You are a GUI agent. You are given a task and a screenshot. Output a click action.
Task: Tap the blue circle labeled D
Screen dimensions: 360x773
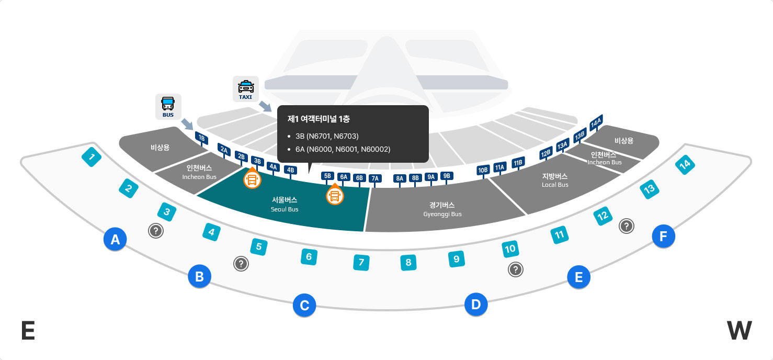point(476,304)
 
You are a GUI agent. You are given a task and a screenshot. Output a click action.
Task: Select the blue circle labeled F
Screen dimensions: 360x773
point(663,237)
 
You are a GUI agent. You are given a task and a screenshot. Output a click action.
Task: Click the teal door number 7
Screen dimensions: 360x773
point(361,262)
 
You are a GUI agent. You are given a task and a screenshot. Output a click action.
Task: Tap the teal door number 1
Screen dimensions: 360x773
point(92,156)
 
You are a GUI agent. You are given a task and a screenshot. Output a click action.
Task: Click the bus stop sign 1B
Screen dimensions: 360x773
point(201,138)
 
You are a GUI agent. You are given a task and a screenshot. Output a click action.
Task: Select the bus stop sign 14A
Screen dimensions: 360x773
point(596,122)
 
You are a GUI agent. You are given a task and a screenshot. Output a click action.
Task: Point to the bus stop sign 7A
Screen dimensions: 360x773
point(375,178)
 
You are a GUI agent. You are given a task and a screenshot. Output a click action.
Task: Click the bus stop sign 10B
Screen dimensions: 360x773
point(483,170)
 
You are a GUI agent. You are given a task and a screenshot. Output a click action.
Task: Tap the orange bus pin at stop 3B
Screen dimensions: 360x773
point(252,180)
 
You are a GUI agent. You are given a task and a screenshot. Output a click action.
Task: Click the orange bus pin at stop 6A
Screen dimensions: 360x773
point(335,196)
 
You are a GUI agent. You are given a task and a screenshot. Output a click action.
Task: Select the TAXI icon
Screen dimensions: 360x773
point(246,89)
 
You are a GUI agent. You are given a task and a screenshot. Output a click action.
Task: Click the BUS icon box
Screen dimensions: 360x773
point(168,106)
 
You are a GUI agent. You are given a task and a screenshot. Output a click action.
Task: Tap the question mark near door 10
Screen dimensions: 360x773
point(516,269)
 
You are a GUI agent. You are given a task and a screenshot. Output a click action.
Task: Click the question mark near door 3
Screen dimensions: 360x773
point(156,230)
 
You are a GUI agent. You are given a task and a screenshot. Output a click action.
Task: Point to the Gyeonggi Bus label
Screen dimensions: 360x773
point(442,209)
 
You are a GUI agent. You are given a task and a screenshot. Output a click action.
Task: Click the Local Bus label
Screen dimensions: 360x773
point(555,180)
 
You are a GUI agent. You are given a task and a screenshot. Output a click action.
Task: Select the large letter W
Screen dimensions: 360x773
point(739,331)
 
